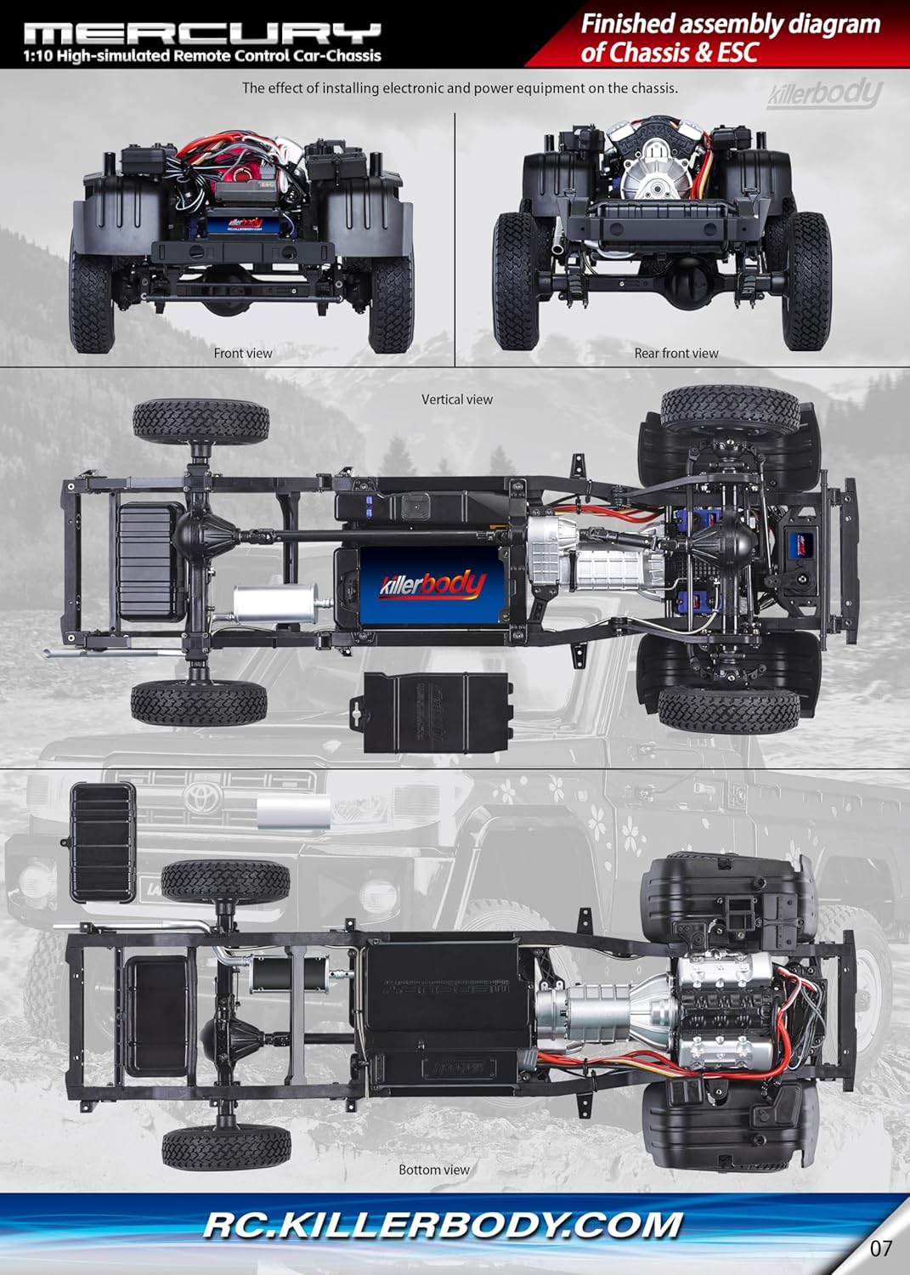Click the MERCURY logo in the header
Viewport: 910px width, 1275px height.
[202, 34]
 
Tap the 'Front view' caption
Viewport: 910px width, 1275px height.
[243, 353]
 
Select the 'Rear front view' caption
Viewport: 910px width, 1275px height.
[676, 353]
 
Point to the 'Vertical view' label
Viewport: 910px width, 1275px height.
[457, 399]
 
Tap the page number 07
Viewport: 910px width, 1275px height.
[881, 1248]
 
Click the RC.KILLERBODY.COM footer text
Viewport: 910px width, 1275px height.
[443, 1225]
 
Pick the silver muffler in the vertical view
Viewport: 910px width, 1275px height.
[274, 603]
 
